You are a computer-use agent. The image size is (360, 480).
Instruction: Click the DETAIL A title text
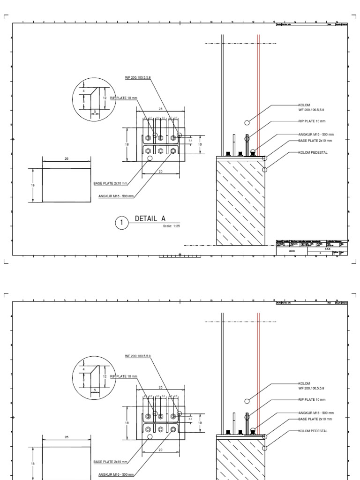click(150, 217)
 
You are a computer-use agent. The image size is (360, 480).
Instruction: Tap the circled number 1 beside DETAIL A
click(121, 223)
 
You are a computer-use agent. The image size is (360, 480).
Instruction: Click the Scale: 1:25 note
click(172, 226)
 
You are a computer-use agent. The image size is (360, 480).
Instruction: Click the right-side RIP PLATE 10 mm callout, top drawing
click(312, 121)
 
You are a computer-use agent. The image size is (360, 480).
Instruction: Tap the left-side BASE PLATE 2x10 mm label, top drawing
click(110, 183)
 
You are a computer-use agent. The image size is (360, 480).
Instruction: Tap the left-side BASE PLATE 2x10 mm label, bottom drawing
click(110, 462)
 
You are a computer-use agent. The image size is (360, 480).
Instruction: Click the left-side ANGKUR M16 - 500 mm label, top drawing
click(115, 196)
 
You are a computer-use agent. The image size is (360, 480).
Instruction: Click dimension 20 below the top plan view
click(160, 172)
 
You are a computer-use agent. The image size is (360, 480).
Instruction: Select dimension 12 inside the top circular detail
click(105, 97)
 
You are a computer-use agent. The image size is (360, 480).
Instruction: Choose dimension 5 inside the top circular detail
click(95, 111)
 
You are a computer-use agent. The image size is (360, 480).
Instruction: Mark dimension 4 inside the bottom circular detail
click(84, 370)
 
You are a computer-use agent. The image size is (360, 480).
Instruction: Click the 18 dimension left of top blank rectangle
click(33, 185)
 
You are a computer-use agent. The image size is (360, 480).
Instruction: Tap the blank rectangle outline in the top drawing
click(67, 185)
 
